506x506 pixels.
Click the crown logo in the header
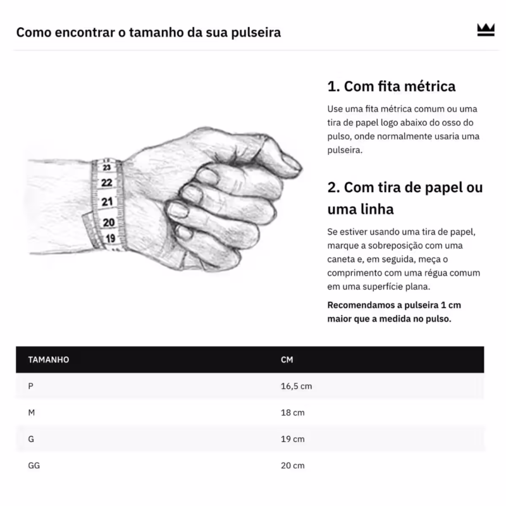pos(485,30)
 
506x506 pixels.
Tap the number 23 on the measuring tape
pos(107,167)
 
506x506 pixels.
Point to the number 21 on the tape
pos(107,202)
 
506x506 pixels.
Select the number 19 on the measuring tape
pos(110,238)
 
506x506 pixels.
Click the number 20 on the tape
pos(108,222)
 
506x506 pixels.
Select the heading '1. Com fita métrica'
pos(391,86)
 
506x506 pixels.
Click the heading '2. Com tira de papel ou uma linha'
pos(405,198)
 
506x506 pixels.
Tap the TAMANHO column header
pos(49,360)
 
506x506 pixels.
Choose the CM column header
pos(287,360)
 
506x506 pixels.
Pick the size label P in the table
pos(31,386)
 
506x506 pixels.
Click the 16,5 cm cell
pos(296,386)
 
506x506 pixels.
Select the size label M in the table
pos(32,412)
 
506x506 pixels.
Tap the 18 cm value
pos(292,412)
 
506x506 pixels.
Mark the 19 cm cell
pos(292,439)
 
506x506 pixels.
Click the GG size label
pos(34,466)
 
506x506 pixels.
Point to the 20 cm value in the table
pos(292,466)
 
